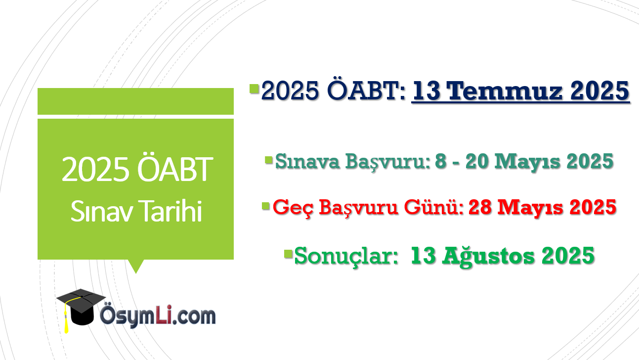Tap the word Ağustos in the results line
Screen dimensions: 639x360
pyautogui.click(x=488, y=256)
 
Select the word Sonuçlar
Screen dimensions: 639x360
pyautogui.click(x=346, y=256)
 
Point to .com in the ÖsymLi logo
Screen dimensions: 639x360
pyautogui.click(x=194, y=317)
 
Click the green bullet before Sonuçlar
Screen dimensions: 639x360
pyautogui.click(x=289, y=254)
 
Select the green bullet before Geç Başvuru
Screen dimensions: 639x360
pyautogui.click(x=265, y=206)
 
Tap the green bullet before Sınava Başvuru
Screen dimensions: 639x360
pyautogui.click(x=269, y=160)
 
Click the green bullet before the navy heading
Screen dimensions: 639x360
pyautogui.click(x=254, y=89)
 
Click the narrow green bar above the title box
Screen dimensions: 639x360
pyautogui.click(x=135, y=101)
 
